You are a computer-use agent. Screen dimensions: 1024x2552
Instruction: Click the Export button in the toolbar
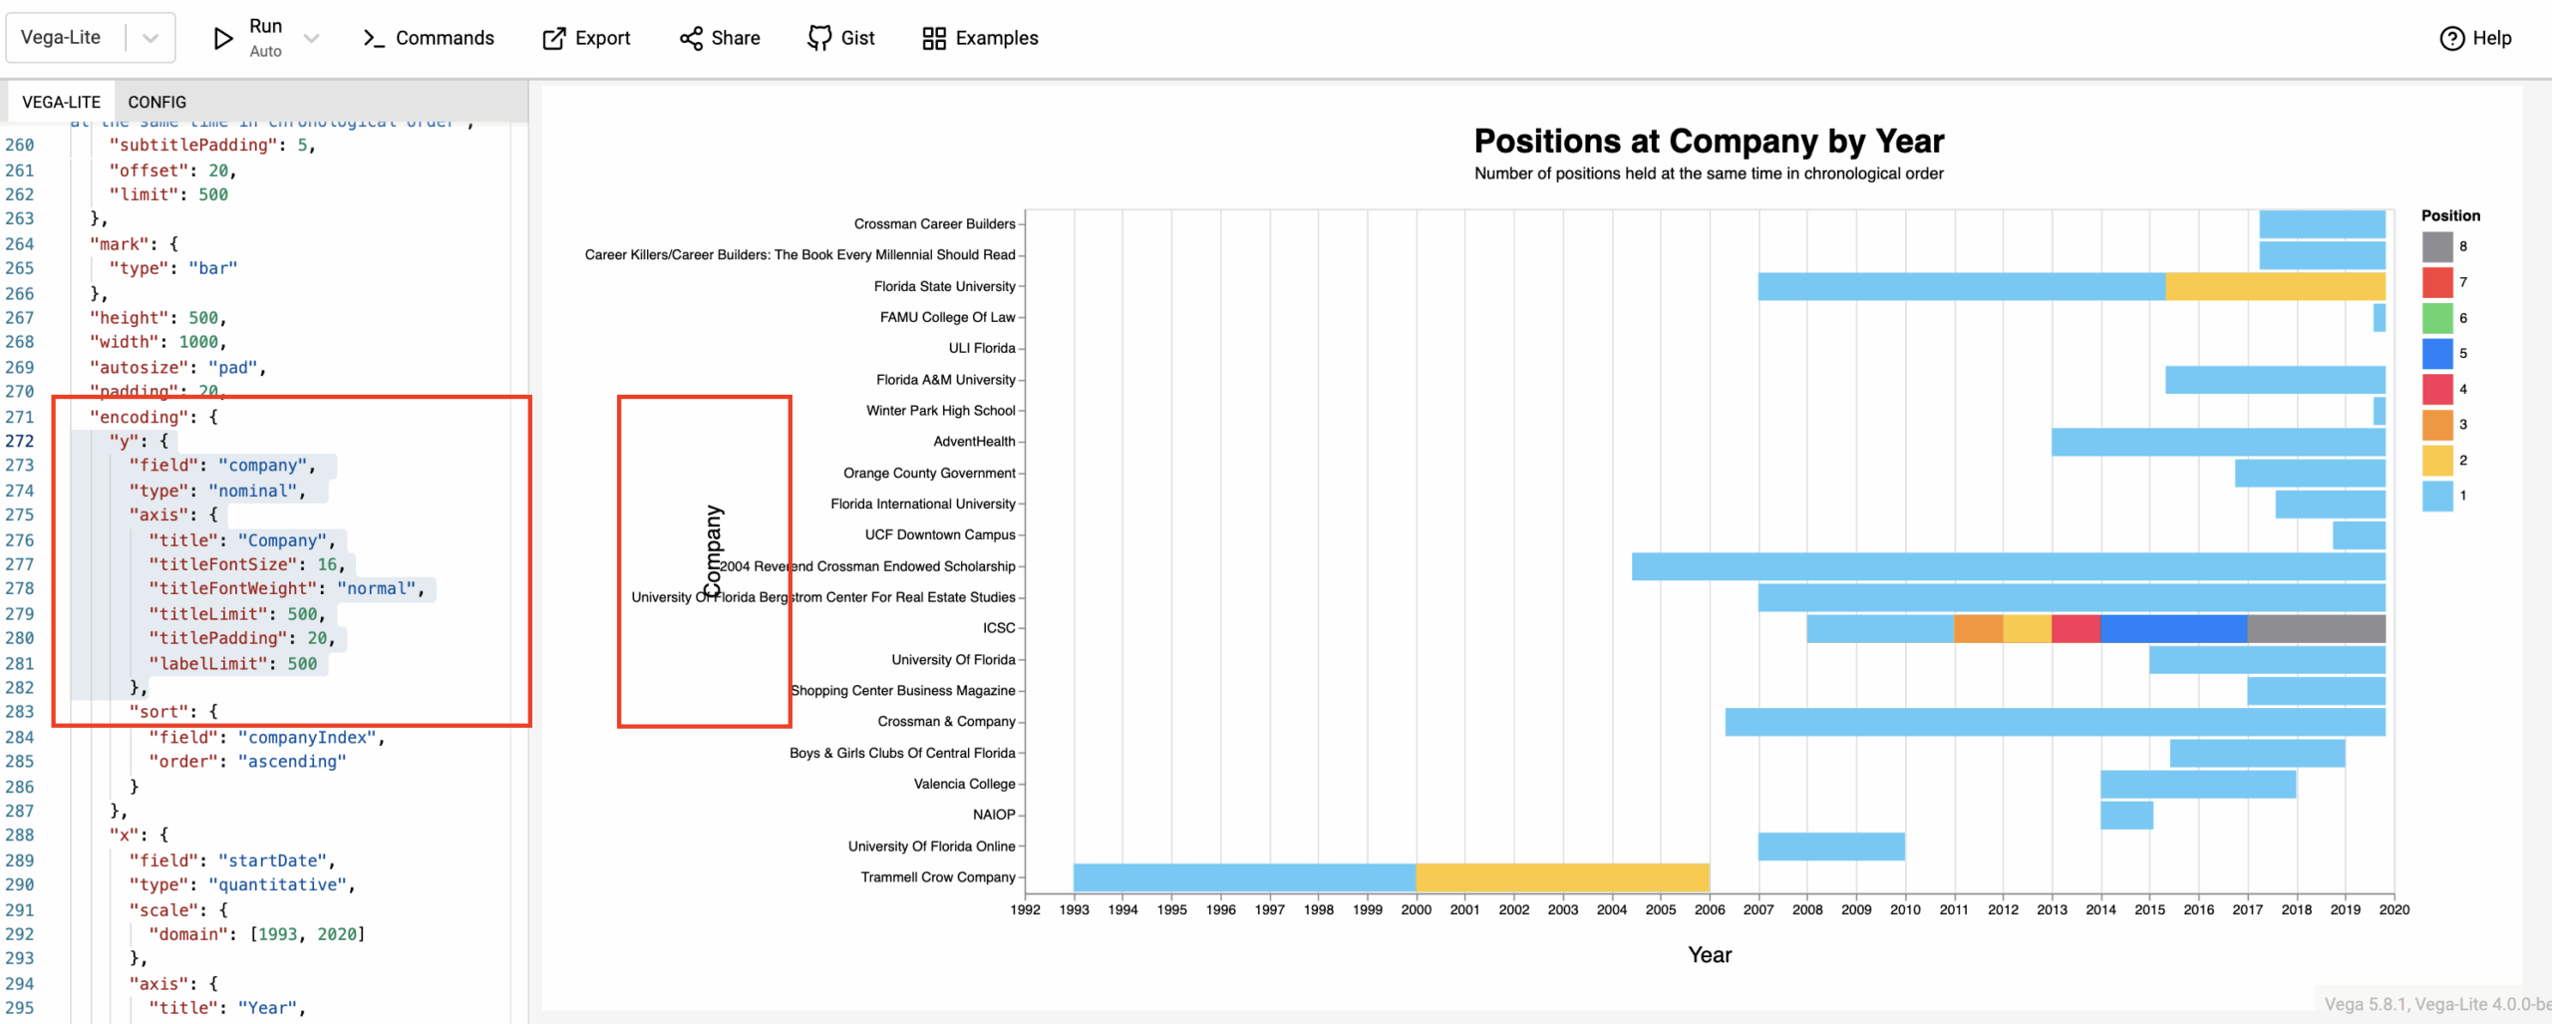[586, 38]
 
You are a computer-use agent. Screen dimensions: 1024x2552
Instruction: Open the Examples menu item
[980, 38]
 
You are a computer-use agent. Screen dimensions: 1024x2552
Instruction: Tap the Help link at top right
[2475, 38]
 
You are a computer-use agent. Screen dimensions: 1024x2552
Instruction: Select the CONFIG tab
[157, 102]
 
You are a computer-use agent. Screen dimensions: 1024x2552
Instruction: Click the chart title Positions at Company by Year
[1709, 141]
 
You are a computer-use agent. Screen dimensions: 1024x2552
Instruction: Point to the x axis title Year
[1709, 954]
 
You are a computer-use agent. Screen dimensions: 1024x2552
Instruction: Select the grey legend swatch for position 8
[2436, 246]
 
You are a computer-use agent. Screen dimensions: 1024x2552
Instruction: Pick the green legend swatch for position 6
[2436, 318]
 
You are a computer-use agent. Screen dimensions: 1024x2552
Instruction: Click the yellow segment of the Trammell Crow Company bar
[1562, 877]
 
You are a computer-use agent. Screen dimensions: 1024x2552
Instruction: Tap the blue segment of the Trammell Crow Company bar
[1244, 877]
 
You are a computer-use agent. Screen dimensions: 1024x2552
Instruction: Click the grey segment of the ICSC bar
[2316, 628]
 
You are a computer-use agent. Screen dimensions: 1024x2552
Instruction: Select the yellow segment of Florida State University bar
[2275, 286]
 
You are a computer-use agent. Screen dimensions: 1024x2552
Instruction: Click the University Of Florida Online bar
[1831, 847]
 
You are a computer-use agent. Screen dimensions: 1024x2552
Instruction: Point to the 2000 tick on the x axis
[1416, 909]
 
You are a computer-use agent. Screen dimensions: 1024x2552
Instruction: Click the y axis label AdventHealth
[974, 442]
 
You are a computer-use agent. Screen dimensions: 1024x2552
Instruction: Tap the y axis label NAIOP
[993, 815]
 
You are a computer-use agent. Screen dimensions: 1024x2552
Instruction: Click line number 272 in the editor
[20, 441]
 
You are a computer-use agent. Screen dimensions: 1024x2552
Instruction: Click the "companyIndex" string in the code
[307, 737]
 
